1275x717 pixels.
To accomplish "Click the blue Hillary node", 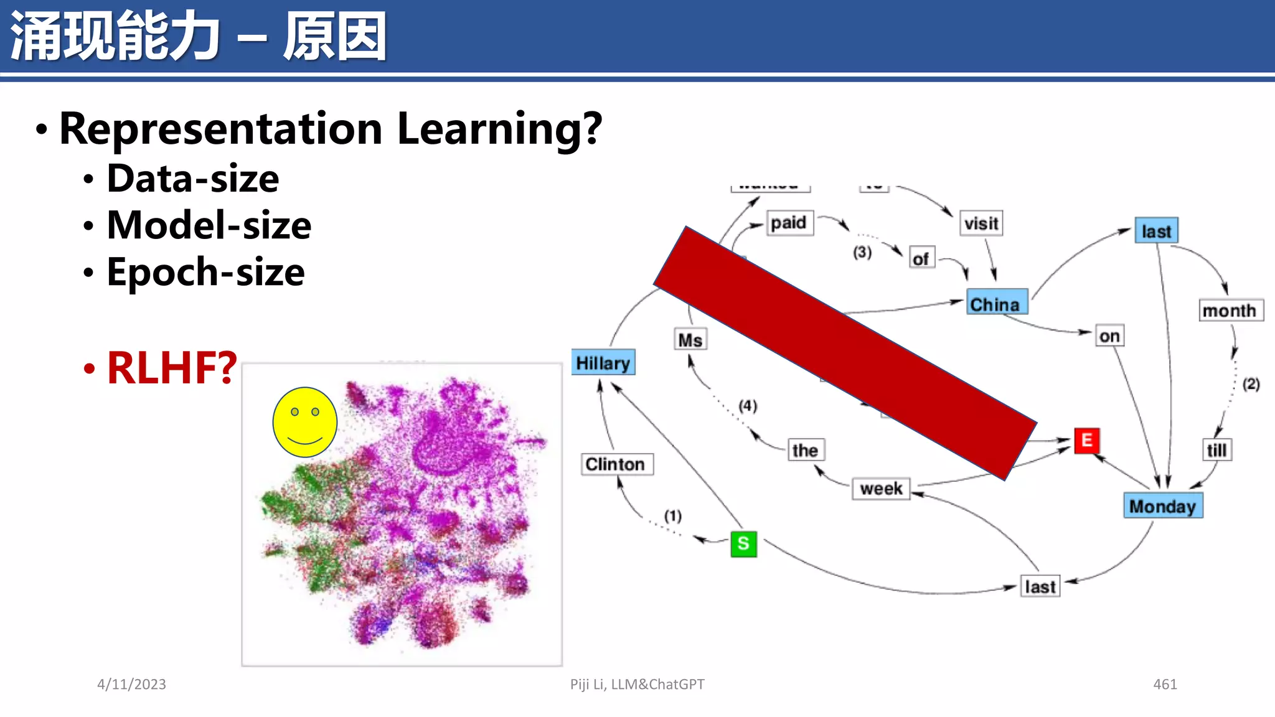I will (603, 362).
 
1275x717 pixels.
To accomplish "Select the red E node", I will (1086, 441).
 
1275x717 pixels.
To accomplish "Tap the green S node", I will (743, 544).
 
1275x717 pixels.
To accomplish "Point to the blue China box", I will (996, 304).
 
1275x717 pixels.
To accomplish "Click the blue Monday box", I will (1162, 506).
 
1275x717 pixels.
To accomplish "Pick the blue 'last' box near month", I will (1156, 231).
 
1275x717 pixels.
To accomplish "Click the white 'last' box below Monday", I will (1040, 586).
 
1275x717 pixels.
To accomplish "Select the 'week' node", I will (881, 489).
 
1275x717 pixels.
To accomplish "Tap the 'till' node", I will (1216, 450).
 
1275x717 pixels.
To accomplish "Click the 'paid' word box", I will (788, 223).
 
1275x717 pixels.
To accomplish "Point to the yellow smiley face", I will (305, 422).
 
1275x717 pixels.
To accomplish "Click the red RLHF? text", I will (172, 368).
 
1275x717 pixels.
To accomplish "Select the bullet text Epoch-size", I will (205, 272).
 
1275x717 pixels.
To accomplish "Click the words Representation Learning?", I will (331, 129).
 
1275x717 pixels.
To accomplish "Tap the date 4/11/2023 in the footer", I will (131, 684).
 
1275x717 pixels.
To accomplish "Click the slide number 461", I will (1165, 684).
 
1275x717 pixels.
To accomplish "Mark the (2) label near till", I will (1251, 384).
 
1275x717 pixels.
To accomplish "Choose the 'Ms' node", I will (690, 340).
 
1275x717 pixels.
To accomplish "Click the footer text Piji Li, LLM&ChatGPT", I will (637, 684).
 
